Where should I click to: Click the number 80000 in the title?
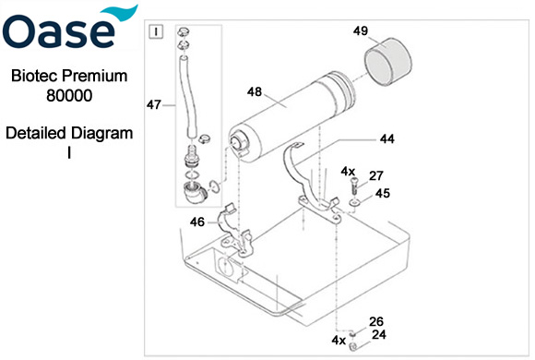click(x=69, y=95)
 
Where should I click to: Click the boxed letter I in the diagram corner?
click(x=156, y=31)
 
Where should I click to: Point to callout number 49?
click(x=361, y=30)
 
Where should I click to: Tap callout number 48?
click(x=255, y=91)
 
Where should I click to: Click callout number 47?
click(x=153, y=104)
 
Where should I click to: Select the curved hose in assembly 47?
click(x=187, y=97)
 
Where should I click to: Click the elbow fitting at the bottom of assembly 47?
click(x=195, y=193)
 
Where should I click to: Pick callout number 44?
click(x=386, y=139)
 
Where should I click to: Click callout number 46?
click(x=197, y=222)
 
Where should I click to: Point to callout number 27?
click(x=375, y=175)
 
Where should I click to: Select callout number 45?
click(x=383, y=193)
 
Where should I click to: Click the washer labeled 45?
click(x=354, y=203)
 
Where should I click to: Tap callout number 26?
click(x=376, y=321)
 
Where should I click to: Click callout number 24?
click(x=379, y=334)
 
